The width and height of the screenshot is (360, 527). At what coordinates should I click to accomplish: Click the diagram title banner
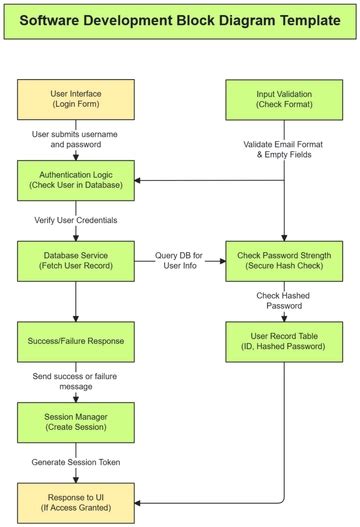tap(180, 20)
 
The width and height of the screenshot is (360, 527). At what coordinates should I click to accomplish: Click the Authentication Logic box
tap(76, 180)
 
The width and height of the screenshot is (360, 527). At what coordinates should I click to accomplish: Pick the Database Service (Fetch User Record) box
tap(76, 260)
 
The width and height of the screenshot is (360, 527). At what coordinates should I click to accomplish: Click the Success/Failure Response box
tap(76, 340)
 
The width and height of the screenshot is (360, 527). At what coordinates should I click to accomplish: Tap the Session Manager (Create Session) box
tap(76, 420)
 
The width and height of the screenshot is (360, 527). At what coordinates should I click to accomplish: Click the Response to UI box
tap(76, 500)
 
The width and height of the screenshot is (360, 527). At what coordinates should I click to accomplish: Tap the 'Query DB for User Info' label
tap(179, 260)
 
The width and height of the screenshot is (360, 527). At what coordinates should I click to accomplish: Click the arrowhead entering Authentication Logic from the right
tap(141, 180)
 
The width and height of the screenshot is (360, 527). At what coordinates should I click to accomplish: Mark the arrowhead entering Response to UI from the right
tap(141, 500)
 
